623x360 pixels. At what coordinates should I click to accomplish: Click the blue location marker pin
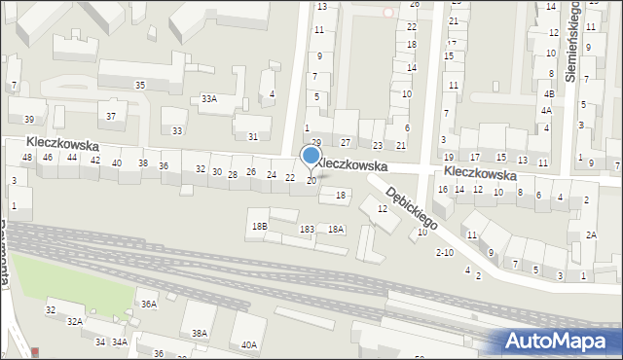[311, 157]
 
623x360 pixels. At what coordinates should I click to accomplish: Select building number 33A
[208, 98]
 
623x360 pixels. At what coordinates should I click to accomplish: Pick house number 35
[140, 86]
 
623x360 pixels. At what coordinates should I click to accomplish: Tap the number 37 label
[111, 117]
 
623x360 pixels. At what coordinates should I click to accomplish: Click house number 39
[29, 119]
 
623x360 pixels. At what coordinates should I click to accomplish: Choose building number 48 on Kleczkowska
[27, 157]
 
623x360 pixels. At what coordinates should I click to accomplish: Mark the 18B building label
[259, 226]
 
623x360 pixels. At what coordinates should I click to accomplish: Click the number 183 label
[307, 229]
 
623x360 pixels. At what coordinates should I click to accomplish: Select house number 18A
[336, 229]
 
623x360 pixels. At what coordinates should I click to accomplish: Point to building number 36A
[148, 304]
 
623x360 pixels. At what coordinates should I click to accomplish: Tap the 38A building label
[199, 333]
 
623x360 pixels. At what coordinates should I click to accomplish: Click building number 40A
[249, 344]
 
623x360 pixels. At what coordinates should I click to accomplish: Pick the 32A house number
[74, 321]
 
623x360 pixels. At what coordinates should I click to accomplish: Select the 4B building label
[549, 94]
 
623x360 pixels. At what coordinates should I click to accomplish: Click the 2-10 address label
[444, 253]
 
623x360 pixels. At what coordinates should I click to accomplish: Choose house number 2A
[591, 234]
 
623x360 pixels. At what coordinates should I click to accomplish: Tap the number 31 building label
[253, 136]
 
